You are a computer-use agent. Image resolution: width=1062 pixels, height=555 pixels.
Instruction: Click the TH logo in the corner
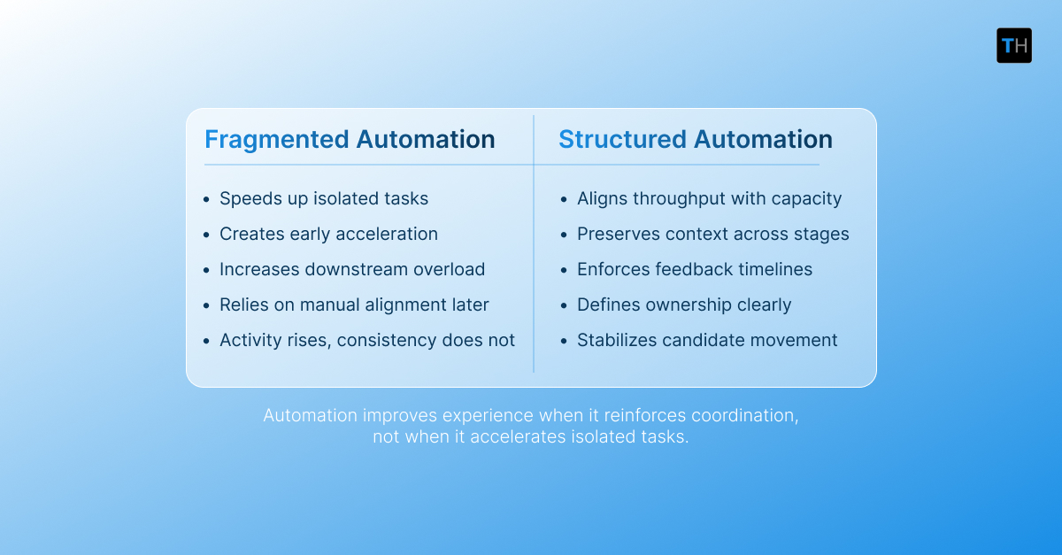pos(1014,46)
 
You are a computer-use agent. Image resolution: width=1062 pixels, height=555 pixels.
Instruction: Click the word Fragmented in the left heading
pos(276,140)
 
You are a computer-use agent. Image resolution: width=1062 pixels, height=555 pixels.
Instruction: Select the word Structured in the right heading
pos(622,140)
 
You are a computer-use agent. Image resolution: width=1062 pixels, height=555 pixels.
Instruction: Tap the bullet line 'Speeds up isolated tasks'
pos(324,199)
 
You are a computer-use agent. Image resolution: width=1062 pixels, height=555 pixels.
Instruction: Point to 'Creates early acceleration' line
pos(328,235)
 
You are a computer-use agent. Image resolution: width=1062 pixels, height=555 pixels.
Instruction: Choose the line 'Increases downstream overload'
pos(352,270)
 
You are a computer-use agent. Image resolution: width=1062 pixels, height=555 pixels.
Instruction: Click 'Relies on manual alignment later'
pos(354,305)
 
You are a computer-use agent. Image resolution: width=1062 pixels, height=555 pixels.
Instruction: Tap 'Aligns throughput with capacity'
pos(709,199)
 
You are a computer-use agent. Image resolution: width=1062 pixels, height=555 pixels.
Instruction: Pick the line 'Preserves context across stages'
pos(712,235)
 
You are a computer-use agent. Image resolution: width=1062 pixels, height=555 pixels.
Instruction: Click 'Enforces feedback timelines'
pos(694,270)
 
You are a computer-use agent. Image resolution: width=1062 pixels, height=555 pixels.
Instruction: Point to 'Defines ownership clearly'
pos(684,305)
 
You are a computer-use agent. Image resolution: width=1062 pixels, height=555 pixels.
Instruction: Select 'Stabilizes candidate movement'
pos(707,341)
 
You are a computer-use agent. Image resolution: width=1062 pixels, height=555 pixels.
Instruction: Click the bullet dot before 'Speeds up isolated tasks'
pos(207,200)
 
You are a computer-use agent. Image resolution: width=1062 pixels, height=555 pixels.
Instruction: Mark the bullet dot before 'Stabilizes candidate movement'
pos(565,342)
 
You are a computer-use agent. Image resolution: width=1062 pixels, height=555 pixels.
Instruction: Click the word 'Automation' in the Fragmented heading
pos(426,140)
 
